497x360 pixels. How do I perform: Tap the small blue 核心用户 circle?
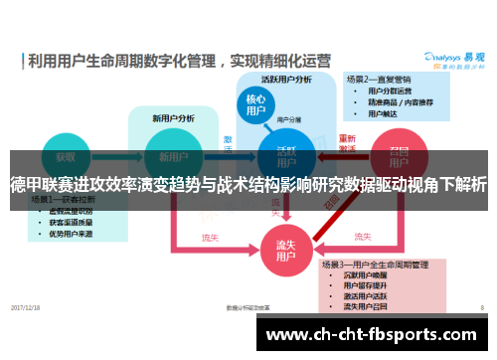[x=256, y=105]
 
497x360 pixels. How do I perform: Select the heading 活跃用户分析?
[x=286, y=79]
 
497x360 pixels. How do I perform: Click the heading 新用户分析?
[x=172, y=117]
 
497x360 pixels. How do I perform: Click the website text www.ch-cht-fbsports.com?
[x=372, y=334]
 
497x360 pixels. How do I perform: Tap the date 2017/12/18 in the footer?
[x=27, y=308]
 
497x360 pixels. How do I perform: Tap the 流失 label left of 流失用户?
[x=210, y=238]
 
